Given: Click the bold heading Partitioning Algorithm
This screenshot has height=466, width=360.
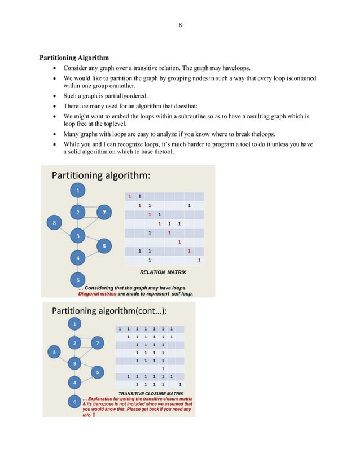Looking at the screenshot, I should coord(74,58).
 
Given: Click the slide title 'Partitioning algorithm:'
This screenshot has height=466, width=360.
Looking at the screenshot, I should coord(101,175).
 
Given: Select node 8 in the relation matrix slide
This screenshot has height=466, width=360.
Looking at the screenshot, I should coord(54,223).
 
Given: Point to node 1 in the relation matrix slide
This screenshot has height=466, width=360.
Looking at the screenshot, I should coord(78,190).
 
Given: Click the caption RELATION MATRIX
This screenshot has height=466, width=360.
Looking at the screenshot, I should coord(163,272).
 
